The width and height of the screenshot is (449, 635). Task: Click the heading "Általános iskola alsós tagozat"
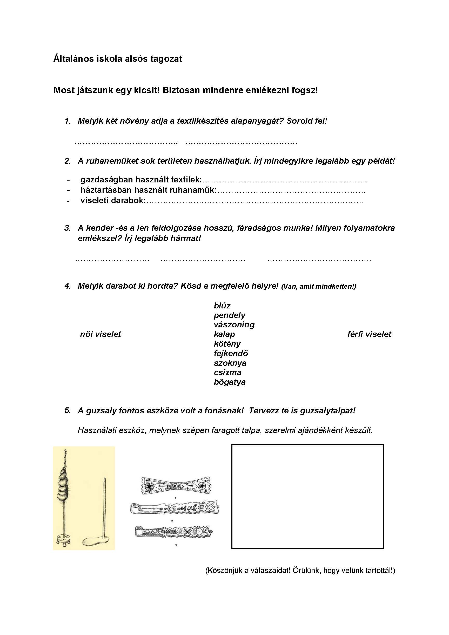pyautogui.click(x=118, y=59)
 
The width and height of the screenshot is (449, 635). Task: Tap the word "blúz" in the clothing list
pyautogui.click(x=222, y=306)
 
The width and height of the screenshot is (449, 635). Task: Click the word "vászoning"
pyautogui.click(x=234, y=325)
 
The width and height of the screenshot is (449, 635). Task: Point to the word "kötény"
pyautogui.click(x=227, y=344)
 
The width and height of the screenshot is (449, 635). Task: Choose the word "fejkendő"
pyautogui.click(x=231, y=353)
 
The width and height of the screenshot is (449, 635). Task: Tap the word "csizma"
pyautogui.click(x=227, y=373)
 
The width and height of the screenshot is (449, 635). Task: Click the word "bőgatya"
pyautogui.click(x=230, y=382)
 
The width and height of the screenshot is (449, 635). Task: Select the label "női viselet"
pyautogui.click(x=100, y=334)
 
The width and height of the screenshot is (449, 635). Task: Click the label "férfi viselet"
pyautogui.click(x=369, y=334)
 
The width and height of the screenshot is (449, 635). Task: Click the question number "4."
pyautogui.click(x=68, y=286)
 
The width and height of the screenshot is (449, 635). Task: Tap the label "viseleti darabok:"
pyautogui.click(x=113, y=201)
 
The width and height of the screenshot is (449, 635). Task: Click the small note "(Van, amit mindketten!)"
pyautogui.click(x=318, y=287)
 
